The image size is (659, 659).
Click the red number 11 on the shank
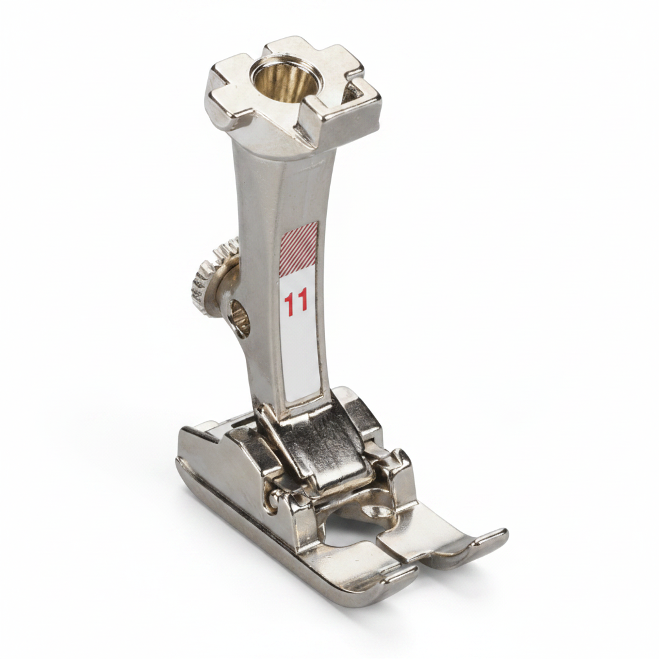coord(295,302)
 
